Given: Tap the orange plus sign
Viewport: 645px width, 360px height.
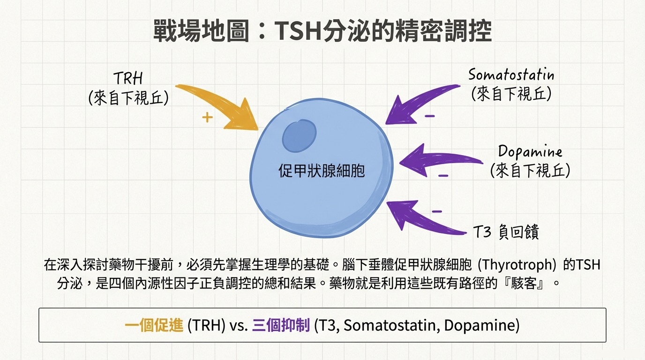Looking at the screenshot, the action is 207,117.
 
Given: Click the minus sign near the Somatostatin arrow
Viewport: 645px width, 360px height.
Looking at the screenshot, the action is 430,116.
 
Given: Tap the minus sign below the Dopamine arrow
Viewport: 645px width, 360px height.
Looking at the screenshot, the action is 443,175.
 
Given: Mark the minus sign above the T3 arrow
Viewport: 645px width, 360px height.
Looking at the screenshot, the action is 437,211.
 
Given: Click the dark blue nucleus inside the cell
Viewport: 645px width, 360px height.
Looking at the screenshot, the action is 299,136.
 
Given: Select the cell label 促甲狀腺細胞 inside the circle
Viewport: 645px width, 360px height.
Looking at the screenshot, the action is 322,171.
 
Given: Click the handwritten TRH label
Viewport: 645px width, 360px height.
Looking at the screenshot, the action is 128,78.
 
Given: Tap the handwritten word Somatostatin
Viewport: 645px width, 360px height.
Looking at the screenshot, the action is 511,75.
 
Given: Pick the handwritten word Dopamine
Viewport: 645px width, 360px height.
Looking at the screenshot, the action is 530,151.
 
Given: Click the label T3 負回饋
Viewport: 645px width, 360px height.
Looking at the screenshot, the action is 506,232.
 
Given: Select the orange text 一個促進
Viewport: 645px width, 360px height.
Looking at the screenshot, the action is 154,325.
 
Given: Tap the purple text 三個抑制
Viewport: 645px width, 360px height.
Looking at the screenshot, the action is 281,325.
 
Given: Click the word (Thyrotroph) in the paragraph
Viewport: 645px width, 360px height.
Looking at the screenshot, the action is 517,265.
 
